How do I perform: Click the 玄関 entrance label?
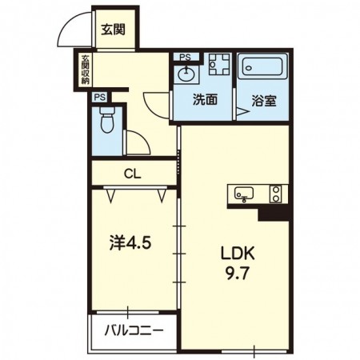coord(113,30)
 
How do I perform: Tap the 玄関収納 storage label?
coord(86,70)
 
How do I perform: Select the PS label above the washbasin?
coord(185,58)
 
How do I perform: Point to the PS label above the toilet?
coord(100,98)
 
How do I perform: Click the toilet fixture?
coord(106,120)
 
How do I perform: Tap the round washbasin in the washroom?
coord(186,73)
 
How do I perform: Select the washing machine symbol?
coord(219,64)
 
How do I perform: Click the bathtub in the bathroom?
coord(262,66)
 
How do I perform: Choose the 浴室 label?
coord(264,101)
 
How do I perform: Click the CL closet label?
coord(133,174)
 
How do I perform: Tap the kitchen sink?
coord(244,194)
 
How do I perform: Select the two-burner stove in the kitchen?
coord(275,194)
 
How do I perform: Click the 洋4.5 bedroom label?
coord(130,243)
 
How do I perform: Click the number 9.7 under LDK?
coord(238,274)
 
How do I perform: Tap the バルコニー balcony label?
coord(134,331)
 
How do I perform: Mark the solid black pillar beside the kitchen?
coord(274,214)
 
